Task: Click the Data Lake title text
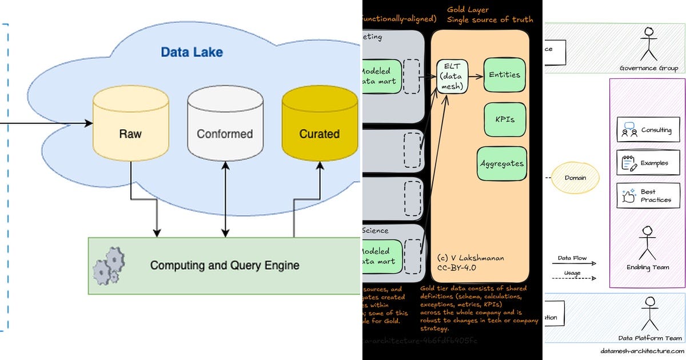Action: pos(192,53)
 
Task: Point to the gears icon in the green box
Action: pos(109,265)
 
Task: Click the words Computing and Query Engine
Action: pos(224,266)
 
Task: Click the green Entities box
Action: pos(505,75)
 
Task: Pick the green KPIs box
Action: pos(505,120)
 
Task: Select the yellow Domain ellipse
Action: pos(575,178)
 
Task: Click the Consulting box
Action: pos(644,130)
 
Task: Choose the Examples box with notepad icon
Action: pos(644,163)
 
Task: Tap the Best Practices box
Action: pos(644,195)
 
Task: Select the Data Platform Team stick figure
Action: pos(650,313)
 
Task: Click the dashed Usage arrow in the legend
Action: pos(576,279)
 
